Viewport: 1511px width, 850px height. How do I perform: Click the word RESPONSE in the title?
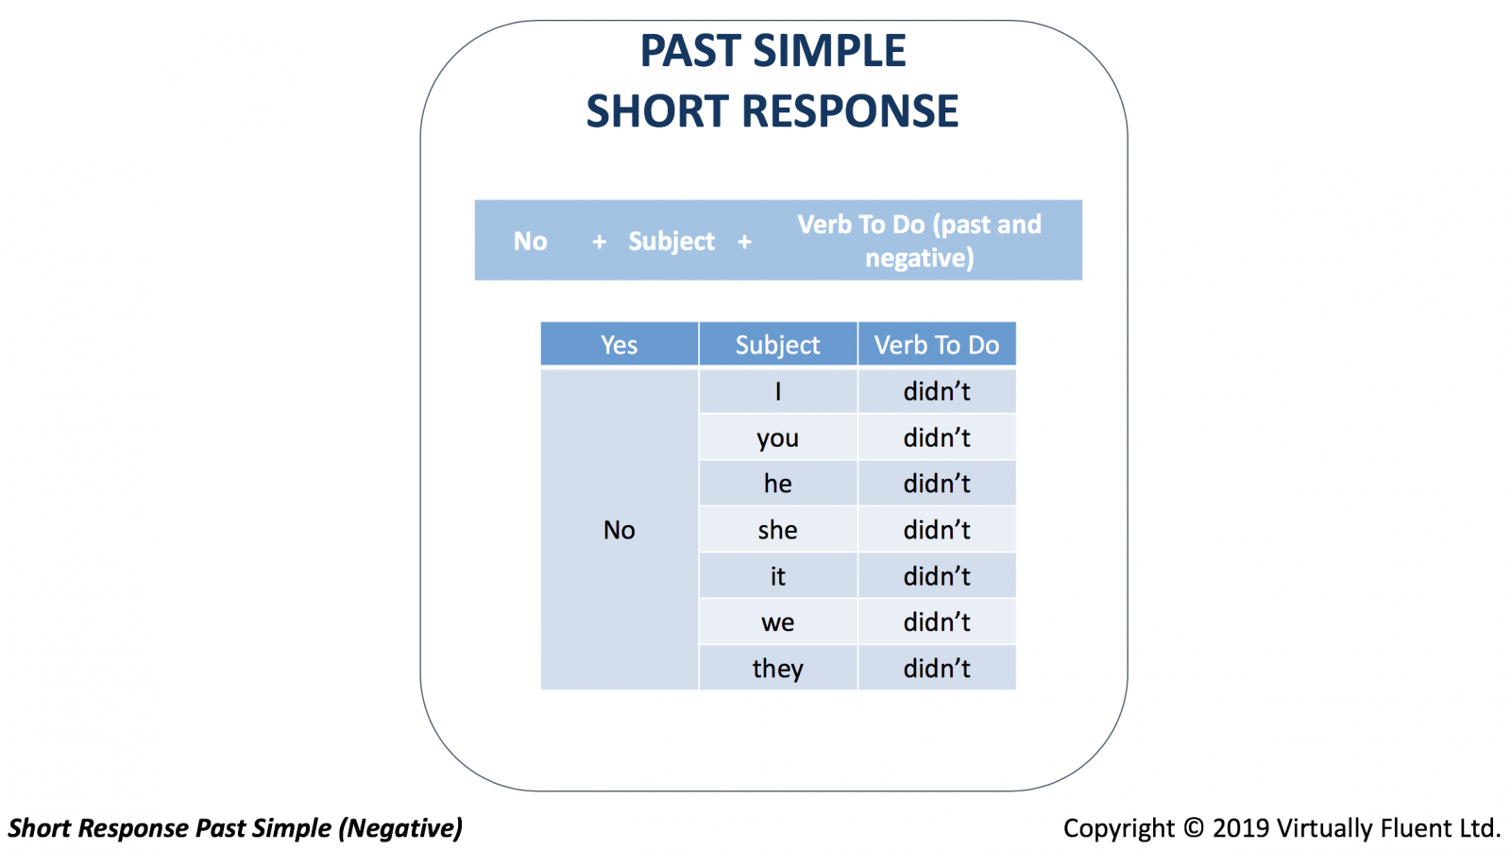coord(850,111)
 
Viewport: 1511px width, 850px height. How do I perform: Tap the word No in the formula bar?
coord(530,241)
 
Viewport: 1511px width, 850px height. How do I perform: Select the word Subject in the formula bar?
coord(671,242)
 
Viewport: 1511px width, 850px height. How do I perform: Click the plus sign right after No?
coord(599,242)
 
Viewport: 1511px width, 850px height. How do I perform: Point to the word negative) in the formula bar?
coord(920,258)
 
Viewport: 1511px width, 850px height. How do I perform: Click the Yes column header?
coord(620,345)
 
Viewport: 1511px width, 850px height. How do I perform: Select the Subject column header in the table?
coord(778,345)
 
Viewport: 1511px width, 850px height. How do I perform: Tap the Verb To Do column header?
coord(937,345)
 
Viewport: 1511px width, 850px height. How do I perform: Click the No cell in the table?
coord(620,530)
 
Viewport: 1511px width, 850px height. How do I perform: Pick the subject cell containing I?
coord(778,391)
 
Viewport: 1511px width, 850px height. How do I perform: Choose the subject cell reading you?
coord(778,437)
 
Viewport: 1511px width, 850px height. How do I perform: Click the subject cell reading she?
coord(778,530)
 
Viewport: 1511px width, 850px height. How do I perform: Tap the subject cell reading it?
coord(778,576)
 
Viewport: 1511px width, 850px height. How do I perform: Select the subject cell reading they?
coord(778,668)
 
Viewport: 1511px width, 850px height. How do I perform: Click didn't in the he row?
coord(937,484)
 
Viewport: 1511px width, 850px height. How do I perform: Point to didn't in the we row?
coord(937,622)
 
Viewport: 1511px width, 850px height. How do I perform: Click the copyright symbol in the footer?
coord(1194,827)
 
